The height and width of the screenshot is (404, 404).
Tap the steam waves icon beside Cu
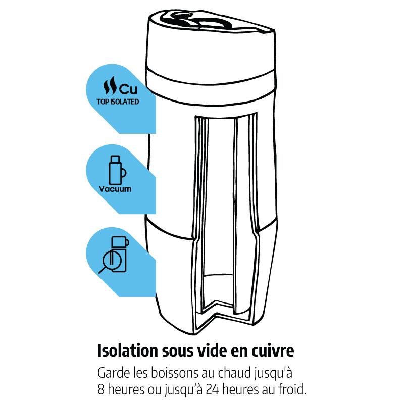(110, 85)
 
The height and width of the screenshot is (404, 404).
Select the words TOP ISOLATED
(118, 102)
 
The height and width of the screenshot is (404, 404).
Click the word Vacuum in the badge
(115, 189)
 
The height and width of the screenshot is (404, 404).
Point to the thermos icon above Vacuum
(117, 170)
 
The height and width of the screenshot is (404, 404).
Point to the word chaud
(234, 373)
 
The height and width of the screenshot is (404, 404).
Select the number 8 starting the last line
(101, 390)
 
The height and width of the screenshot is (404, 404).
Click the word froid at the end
(293, 389)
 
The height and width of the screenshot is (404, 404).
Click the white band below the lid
(211, 76)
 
